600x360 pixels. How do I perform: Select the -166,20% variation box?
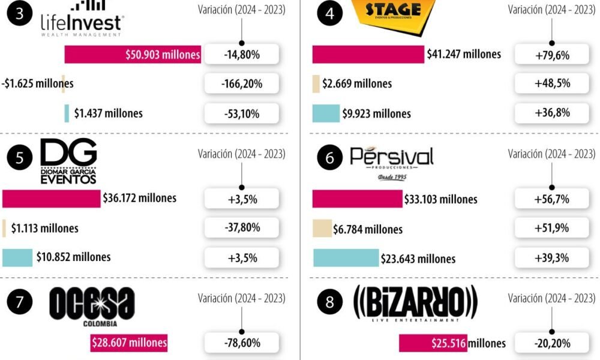point(242,83)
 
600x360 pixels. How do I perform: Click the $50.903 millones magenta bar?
point(133,55)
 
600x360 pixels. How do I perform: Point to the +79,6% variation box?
point(552,55)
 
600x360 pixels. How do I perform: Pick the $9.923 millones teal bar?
point(326,113)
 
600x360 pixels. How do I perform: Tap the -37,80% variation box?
point(242,227)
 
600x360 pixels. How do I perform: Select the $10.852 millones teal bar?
point(17,257)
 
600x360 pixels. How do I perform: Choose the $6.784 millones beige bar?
point(322,229)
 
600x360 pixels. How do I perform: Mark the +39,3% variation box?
point(552,257)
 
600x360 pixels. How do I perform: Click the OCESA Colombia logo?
point(92,307)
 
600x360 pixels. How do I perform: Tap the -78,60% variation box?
point(242,343)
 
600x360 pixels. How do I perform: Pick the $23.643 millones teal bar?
point(346,258)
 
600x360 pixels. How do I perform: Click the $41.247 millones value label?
point(464,55)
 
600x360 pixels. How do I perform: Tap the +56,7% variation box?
point(552,199)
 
